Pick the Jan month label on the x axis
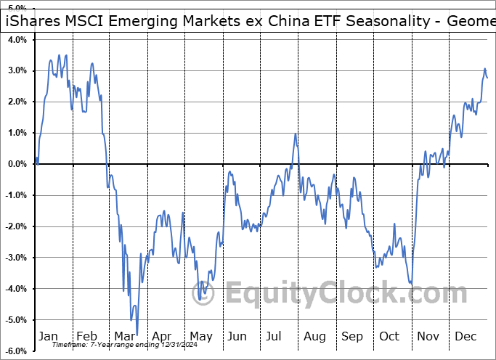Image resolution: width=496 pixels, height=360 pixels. coord(48,337)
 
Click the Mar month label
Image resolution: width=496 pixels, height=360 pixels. coord(124,337)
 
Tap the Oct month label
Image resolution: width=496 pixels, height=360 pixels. coord(390,337)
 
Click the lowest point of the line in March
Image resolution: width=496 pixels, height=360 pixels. coord(136,334)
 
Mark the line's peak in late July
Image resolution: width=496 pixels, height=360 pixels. coord(295,134)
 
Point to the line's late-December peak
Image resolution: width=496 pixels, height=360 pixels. coord(484,69)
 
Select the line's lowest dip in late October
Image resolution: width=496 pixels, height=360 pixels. coord(412,284)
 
